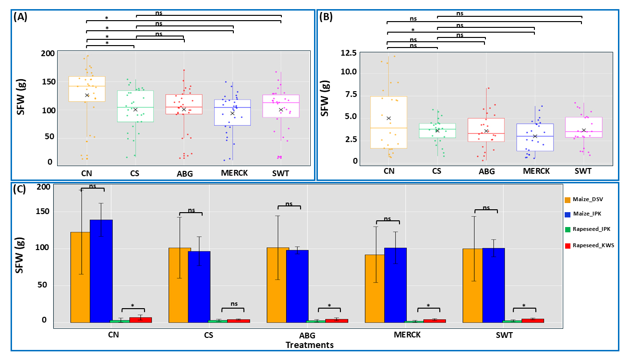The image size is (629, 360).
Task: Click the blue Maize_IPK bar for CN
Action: (101, 271)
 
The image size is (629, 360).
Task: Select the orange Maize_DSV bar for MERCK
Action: (375, 288)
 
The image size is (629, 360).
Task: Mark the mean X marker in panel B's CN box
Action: (389, 118)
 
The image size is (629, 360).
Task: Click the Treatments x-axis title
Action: (310, 345)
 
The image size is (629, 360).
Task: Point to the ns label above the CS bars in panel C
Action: (191, 210)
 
